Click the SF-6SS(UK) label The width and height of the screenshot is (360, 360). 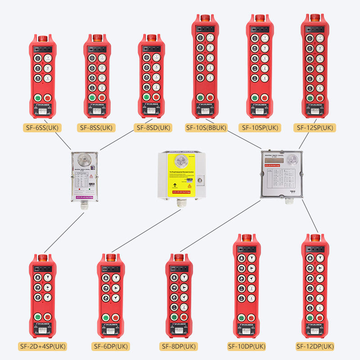coord(42,127)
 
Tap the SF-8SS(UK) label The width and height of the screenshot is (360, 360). coord(96,127)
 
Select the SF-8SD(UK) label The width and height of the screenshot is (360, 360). coord(153,127)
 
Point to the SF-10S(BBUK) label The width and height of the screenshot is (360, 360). coord(206,127)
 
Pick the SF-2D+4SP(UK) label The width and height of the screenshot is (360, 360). coord(43,346)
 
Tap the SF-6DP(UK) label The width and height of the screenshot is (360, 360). coord(111,346)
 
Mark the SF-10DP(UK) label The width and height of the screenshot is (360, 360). coord(247,346)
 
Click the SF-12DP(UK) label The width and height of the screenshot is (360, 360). coord(315,346)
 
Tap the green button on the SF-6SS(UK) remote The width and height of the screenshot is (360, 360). coord(37,98)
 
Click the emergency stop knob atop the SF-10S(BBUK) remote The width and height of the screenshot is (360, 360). coord(205,18)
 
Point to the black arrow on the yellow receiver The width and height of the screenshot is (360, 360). coord(173,184)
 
